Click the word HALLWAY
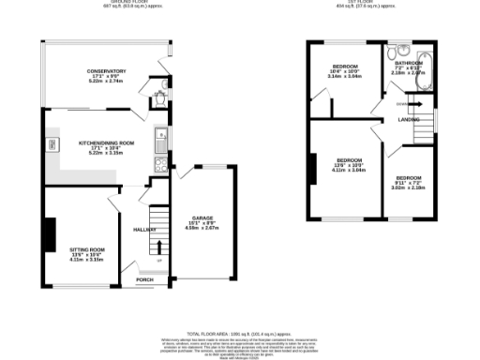point(144,229)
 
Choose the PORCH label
point(145,279)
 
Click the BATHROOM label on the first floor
point(409,63)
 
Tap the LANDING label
point(409,120)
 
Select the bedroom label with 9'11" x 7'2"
point(410,178)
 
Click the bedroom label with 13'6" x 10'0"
point(349,160)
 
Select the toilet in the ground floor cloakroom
point(160,94)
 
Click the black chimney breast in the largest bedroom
point(311,168)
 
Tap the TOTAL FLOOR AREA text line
point(240,333)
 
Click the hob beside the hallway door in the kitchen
point(159,163)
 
